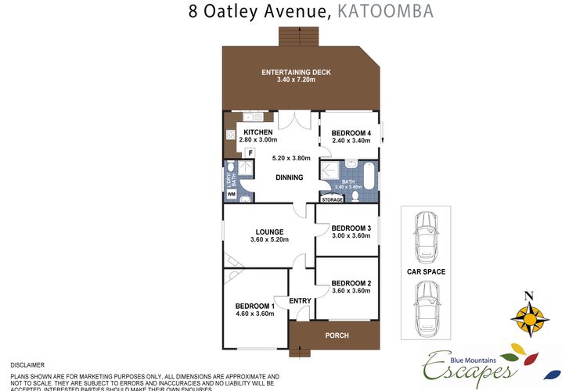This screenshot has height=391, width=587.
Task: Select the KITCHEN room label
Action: pos(257,132)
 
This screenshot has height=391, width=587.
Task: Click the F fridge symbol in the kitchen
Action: pos(250,153)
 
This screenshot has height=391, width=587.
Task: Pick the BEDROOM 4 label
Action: pos(351,134)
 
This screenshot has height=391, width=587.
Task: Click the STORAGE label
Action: pos(333,199)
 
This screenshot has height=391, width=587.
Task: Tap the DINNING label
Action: pos(289,178)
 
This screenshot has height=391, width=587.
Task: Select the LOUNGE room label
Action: pos(268,231)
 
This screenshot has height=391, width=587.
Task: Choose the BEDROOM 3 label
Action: pos(351,228)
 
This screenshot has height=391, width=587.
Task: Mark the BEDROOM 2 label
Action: pos(351,283)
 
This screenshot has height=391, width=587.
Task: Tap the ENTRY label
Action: pos(301,301)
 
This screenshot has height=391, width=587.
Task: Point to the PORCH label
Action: pos(338,336)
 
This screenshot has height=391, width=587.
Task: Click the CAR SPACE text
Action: pos(426,272)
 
